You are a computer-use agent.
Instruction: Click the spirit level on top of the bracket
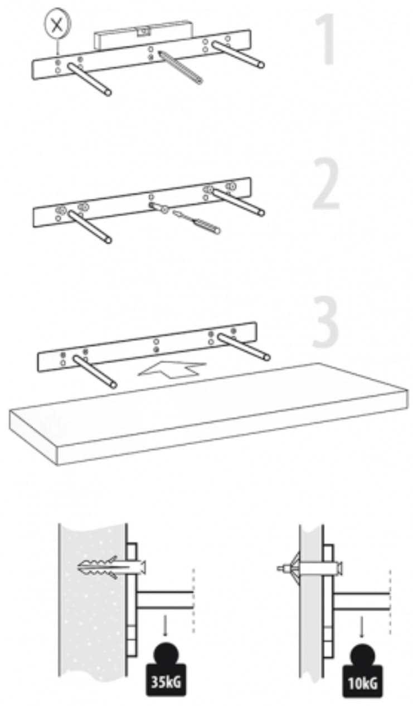(144, 35)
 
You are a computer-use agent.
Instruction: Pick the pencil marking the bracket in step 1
(180, 67)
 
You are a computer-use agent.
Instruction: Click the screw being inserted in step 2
(196, 222)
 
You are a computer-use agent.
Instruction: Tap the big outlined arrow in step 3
(172, 369)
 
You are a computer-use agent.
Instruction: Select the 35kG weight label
(166, 683)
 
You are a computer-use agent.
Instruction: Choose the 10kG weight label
(363, 683)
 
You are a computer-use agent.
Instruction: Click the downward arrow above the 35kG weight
(165, 627)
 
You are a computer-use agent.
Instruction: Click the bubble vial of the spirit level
(144, 31)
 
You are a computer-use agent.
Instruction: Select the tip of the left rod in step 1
(108, 92)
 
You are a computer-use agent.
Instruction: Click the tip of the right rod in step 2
(261, 213)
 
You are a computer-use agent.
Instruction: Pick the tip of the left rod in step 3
(114, 385)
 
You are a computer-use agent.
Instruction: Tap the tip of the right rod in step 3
(267, 357)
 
